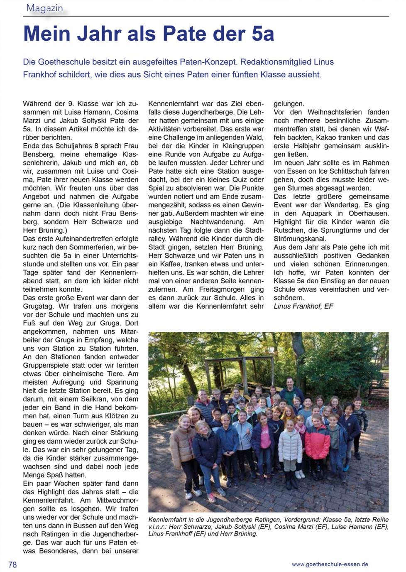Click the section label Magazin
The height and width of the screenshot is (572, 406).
tap(44, 8)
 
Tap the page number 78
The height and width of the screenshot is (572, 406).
tap(12, 565)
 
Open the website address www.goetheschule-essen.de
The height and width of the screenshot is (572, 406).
tap(330, 564)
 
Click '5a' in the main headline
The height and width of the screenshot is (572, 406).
tap(262, 34)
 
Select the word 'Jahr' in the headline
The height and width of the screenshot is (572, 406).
tap(95, 34)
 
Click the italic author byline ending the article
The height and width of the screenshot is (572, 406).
tap(303, 306)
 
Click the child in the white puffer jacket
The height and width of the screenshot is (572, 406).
tap(289, 451)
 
